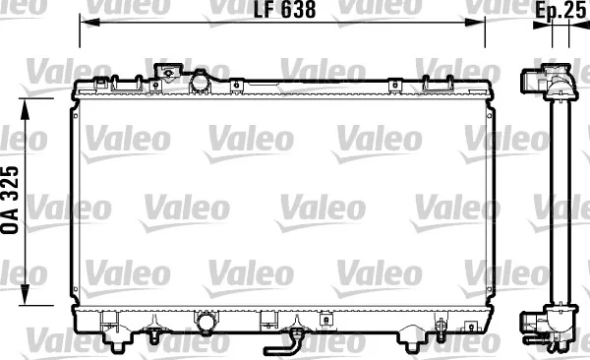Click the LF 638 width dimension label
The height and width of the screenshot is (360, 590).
(284, 10)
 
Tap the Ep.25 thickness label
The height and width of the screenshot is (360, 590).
(561, 11)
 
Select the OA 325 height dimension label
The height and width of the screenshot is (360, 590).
(10, 200)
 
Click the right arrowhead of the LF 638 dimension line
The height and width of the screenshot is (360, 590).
(475, 23)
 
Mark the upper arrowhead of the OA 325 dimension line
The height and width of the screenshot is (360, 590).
(25, 109)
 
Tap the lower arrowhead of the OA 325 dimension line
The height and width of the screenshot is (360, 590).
(25, 295)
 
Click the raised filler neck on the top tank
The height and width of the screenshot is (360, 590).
(168, 72)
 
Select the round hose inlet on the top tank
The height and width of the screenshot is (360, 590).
(200, 82)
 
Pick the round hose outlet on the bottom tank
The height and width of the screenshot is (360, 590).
(206, 322)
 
